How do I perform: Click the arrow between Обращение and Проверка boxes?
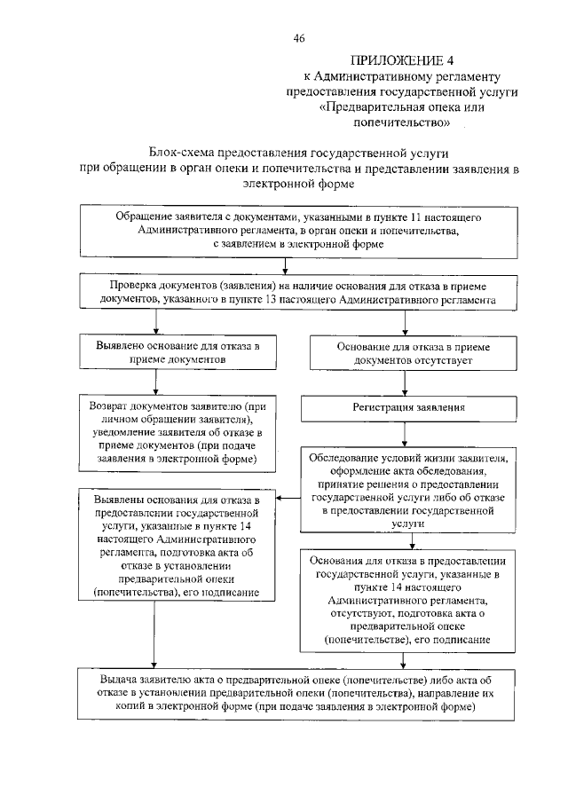click(x=284, y=264)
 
